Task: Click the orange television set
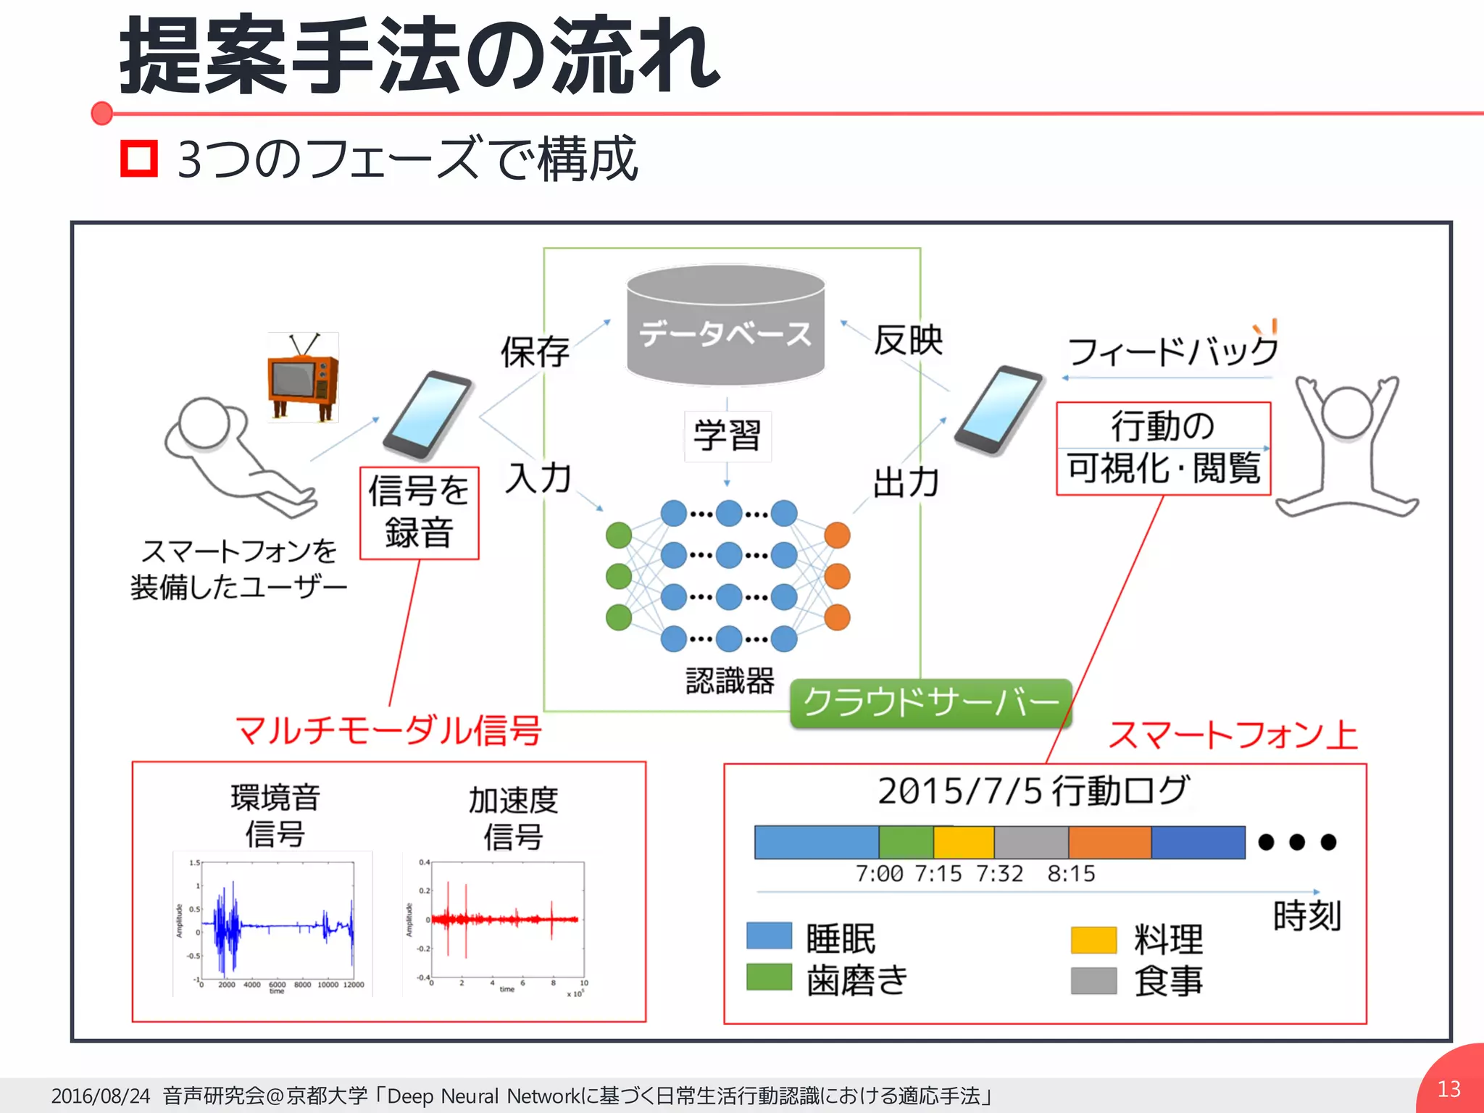[303, 378]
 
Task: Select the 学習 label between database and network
[728, 436]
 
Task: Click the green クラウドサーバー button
[930, 703]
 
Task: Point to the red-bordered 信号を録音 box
[420, 513]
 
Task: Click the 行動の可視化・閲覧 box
[1163, 449]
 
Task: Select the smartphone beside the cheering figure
[999, 409]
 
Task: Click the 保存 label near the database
[535, 352]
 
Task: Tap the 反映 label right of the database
[908, 341]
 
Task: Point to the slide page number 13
[1449, 1088]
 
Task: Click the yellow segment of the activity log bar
[963, 842]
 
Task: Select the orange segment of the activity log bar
[1109, 842]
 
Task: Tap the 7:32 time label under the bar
[999, 874]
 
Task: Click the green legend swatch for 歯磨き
[769, 977]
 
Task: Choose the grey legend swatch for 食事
[1093, 980]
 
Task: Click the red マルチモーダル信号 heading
[388, 730]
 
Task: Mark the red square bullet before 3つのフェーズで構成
[139, 158]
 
